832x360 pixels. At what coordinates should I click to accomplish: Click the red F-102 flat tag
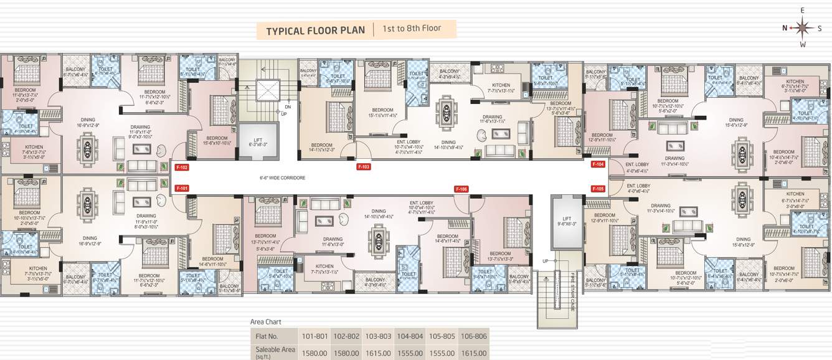pyautogui.click(x=182, y=167)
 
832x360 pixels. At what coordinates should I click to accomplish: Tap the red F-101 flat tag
pyautogui.click(x=182, y=188)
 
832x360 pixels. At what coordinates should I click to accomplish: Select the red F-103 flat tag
pyautogui.click(x=364, y=167)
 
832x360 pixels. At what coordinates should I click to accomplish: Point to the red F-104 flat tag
pyautogui.click(x=598, y=164)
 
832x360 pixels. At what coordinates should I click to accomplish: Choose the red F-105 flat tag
pyautogui.click(x=598, y=188)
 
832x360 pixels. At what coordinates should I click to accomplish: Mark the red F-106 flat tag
pyautogui.click(x=461, y=189)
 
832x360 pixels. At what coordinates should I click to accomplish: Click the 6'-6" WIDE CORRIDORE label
pyautogui.click(x=283, y=178)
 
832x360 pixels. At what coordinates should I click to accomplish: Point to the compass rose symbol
pyautogui.click(x=803, y=28)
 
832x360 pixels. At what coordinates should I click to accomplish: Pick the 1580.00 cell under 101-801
pyautogui.click(x=314, y=353)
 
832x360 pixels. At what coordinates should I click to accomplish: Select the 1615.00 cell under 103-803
pyautogui.click(x=378, y=353)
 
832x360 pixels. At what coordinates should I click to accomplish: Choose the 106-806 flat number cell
pyautogui.click(x=473, y=336)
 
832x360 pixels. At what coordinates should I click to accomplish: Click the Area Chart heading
pyautogui.click(x=265, y=322)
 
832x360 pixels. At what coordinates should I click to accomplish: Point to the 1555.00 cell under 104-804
pyautogui.click(x=410, y=353)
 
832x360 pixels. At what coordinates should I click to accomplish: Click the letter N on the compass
pyautogui.click(x=785, y=28)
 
